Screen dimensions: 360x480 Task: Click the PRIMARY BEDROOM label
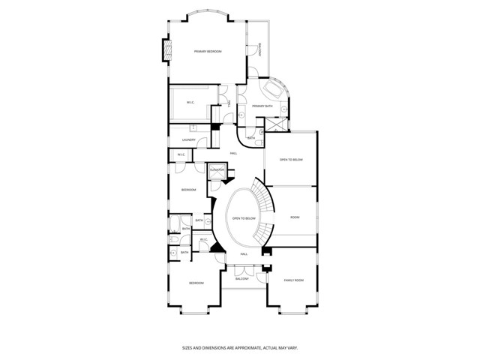(x=208, y=51)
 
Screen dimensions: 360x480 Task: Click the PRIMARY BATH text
(x=262, y=106)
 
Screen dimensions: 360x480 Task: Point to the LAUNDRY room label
(x=188, y=139)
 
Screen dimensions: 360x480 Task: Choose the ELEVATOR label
(x=217, y=170)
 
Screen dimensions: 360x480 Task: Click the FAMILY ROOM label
(x=293, y=280)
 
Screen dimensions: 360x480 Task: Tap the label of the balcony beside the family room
(x=241, y=279)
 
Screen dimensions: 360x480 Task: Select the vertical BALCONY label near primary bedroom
(x=259, y=49)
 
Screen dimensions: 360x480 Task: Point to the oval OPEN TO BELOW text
(x=244, y=218)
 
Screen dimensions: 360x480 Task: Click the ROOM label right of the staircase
(x=295, y=217)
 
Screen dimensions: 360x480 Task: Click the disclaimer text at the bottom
(x=240, y=347)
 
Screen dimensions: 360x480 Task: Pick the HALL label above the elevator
(x=234, y=153)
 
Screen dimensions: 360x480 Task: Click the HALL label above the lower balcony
(x=244, y=254)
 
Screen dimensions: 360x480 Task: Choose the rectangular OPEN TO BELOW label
(x=291, y=159)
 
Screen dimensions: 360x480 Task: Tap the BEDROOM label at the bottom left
(x=196, y=283)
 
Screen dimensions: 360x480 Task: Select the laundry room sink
(x=193, y=128)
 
